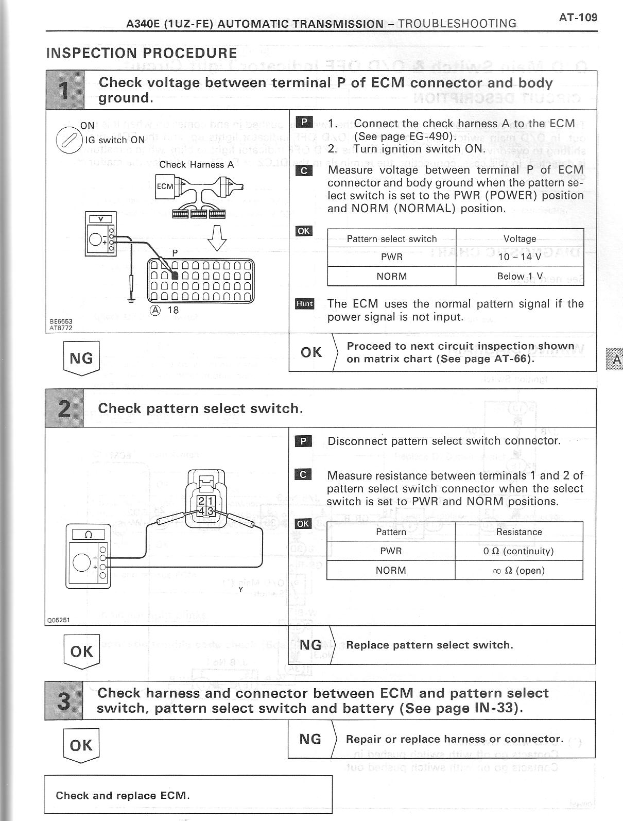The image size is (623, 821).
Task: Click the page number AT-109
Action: (578, 18)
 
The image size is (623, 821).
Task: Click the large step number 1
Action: (65, 90)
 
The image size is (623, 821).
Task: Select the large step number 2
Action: (64, 408)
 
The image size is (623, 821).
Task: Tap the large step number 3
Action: (63, 700)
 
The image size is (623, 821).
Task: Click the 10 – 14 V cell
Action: (520, 257)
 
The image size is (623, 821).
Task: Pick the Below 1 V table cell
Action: (520, 276)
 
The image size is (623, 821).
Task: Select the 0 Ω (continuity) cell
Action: (518, 551)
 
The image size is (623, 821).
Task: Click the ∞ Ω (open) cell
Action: (518, 570)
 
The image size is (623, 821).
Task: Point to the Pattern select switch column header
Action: (391, 239)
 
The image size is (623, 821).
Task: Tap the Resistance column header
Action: (518, 532)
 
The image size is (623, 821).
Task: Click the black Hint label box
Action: (304, 304)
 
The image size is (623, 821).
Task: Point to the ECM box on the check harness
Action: (165, 186)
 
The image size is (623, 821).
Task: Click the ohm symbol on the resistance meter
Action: (88, 535)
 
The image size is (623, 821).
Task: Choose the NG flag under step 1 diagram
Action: (81, 357)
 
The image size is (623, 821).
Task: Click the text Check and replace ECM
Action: (123, 795)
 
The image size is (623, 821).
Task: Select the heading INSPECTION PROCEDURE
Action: (142, 53)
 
